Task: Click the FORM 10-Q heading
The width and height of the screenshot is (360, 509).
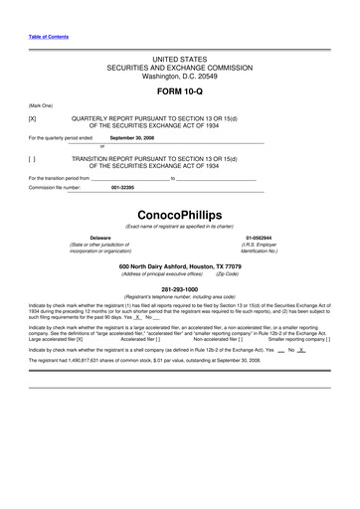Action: point(180,91)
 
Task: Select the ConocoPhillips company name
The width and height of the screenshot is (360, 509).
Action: point(180,215)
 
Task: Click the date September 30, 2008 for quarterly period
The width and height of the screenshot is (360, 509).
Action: point(132,138)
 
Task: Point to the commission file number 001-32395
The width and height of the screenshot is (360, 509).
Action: point(123,187)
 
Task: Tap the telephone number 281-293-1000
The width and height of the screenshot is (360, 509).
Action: point(180,290)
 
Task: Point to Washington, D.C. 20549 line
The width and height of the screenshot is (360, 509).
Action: point(180,76)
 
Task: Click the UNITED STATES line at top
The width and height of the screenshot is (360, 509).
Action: point(180,60)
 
